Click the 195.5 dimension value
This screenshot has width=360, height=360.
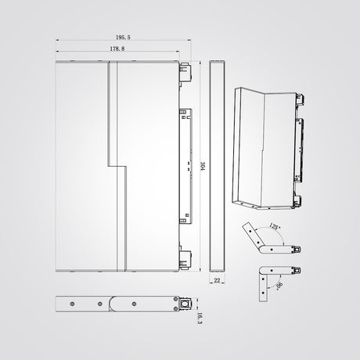point(123,38)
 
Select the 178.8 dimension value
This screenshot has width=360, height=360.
point(117,49)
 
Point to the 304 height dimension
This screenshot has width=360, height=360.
point(203,166)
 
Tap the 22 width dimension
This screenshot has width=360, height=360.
point(217,280)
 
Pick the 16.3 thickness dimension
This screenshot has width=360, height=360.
point(200,319)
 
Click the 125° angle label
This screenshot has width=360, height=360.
point(274,226)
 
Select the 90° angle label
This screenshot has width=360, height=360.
point(279,286)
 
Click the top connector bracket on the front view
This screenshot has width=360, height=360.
point(185,72)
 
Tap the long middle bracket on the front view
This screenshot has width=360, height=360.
point(185,166)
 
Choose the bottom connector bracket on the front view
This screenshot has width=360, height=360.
point(185,260)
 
